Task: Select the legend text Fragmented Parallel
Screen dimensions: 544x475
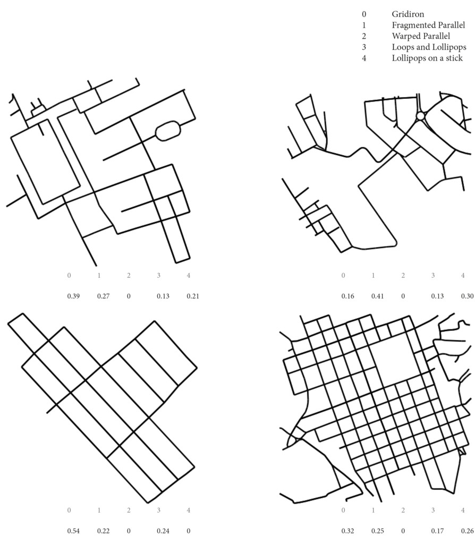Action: tap(428, 25)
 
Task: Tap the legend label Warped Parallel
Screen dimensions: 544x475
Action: tap(421, 36)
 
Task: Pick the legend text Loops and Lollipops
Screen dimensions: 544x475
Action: tap(429, 47)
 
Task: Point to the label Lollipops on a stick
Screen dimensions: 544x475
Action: tap(427, 58)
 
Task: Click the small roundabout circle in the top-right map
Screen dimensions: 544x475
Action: tap(420, 115)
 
